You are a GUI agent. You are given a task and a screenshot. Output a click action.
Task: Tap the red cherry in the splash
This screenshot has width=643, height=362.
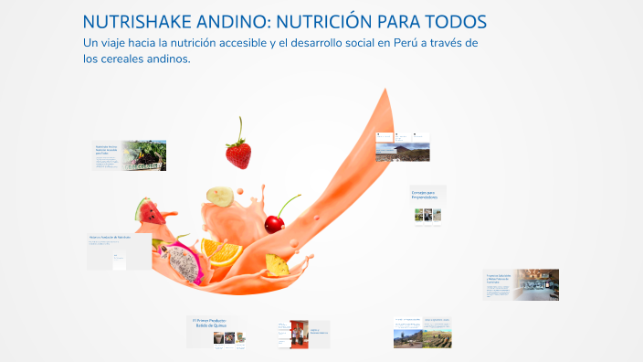274,222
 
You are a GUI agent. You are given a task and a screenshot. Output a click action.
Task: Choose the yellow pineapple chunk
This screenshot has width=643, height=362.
277,264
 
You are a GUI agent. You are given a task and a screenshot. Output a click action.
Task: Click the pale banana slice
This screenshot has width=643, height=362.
220,195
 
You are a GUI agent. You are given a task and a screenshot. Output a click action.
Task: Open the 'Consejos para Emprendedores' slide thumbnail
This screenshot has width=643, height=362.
427,205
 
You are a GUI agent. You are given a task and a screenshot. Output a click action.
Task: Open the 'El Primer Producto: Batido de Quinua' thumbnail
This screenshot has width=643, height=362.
218,331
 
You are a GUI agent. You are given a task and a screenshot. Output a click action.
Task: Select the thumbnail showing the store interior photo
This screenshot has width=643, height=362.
522,284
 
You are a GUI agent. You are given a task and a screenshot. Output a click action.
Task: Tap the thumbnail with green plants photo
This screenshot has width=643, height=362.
130,155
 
